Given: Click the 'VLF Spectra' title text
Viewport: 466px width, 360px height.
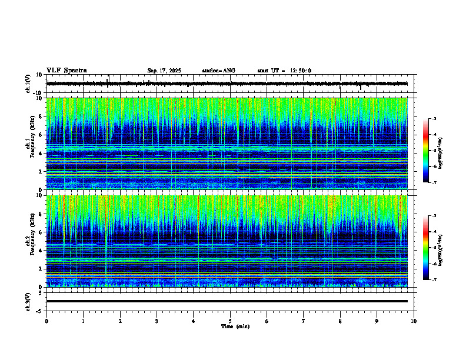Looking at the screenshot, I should click(66, 70).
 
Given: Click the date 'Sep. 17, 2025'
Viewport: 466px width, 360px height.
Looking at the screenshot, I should click(164, 71).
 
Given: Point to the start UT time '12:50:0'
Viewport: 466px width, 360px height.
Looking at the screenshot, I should click(301, 71).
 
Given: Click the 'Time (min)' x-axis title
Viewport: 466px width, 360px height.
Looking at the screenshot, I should click(235, 326).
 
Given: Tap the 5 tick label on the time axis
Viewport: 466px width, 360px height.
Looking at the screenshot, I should click(230, 321).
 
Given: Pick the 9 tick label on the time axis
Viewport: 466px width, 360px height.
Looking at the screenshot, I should click(377, 321).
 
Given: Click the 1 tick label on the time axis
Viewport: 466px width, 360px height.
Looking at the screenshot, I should click(83, 321).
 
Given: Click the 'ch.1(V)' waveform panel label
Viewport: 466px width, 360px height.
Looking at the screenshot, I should click(28, 84).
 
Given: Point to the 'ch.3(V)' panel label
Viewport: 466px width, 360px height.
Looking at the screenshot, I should click(28, 301).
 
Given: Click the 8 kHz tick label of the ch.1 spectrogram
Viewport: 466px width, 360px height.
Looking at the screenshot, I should click(40, 116).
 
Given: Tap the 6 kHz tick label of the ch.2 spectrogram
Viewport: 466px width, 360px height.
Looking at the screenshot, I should click(40, 232).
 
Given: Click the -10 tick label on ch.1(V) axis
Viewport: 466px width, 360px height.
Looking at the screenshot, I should click(38, 93).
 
